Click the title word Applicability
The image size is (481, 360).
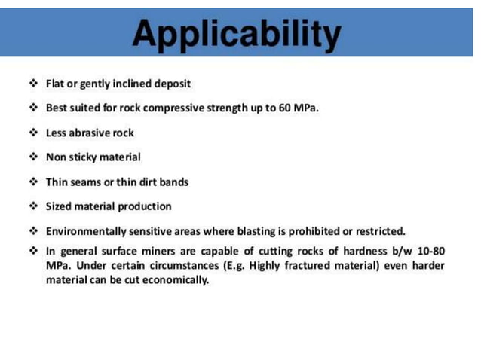[236, 32]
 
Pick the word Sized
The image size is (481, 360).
[59, 206]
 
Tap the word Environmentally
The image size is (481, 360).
[84, 231]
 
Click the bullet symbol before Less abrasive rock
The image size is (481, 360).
[33, 133]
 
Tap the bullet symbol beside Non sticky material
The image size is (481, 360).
[33, 157]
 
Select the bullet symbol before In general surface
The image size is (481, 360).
[33, 251]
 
